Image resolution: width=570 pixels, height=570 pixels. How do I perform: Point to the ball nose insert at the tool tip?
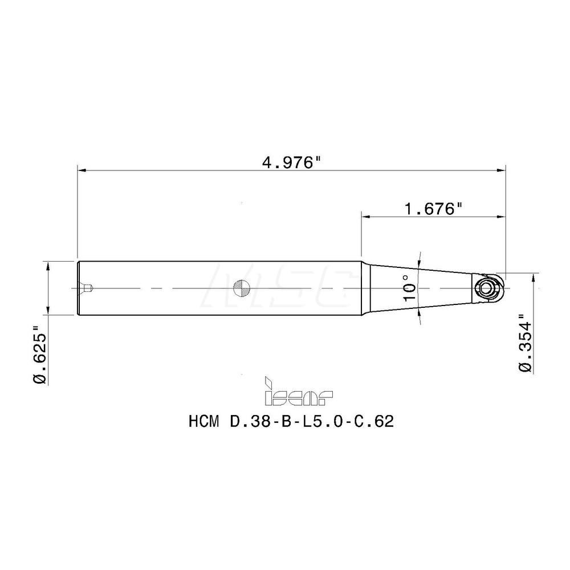487,287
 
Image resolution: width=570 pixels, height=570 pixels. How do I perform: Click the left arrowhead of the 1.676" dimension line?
366,217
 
